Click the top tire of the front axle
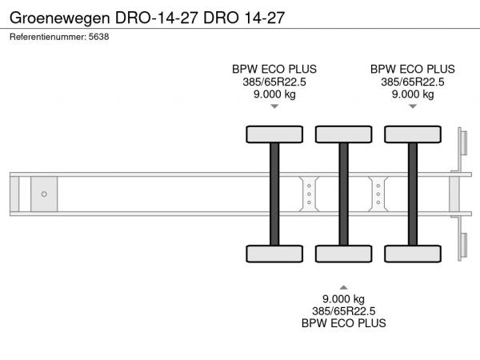(x=274, y=134)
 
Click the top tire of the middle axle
(x=343, y=134)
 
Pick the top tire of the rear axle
(x=413, y=134)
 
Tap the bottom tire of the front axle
(x=274, y=254)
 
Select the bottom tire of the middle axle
(x=343, y=254)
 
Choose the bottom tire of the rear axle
(x=413, y=254)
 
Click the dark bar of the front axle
(x=274, y=194)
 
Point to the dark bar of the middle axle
(x=343, y=194)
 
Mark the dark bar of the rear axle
(x=413, y=194)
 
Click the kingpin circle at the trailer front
(x=44, y=194)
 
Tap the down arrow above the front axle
(x=274, y=106)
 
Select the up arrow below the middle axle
(x=343, y=286)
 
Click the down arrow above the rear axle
(x=413, y=106)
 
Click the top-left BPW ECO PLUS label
(x=274, y=69)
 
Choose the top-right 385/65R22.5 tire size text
(x=413, y=82)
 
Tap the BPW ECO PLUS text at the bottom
(x=343, y=323)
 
